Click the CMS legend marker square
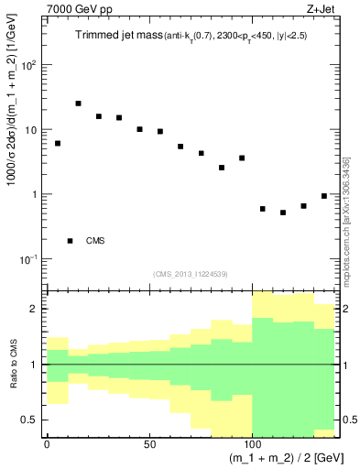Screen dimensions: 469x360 coord(71,241)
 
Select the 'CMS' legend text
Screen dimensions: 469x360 coord(95,241)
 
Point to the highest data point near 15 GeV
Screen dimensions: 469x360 coord(78,104)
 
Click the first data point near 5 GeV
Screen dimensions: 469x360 coord(58,143)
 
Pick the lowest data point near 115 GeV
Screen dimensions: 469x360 coord(283,213)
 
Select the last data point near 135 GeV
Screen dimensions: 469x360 coord(324,196)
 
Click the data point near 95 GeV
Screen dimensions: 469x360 coord(242,158)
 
